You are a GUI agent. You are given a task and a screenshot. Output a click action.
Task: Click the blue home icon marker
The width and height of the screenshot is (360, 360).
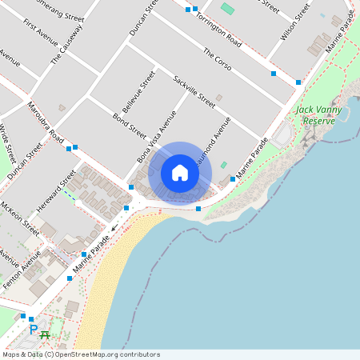180,173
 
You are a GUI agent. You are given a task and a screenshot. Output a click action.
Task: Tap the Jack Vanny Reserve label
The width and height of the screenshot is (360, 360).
318,115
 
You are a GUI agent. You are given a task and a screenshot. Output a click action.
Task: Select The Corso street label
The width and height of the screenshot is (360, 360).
217,59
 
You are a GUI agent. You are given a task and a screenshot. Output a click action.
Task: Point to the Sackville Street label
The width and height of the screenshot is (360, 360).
194,91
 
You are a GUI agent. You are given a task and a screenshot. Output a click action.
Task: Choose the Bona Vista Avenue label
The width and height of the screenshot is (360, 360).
156,137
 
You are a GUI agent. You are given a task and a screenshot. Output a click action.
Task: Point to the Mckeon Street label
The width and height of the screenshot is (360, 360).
22,218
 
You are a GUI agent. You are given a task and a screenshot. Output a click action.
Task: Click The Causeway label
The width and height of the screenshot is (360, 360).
67,44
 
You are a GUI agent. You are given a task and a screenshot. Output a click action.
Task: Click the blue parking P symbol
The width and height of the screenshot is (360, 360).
33,329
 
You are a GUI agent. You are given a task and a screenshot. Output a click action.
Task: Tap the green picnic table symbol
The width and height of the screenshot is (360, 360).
45,334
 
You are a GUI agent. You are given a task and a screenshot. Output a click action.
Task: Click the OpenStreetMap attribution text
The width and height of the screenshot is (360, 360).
81,354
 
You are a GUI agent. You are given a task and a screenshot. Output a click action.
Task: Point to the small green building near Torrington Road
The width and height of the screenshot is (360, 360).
228,9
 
